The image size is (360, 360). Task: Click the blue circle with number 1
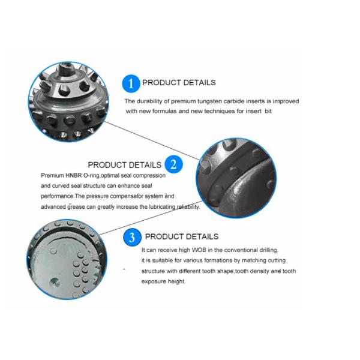point(131,83)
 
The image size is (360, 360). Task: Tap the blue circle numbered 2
point(173,164)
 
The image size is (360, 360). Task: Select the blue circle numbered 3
point(132,237)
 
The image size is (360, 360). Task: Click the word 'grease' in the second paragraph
point(76,207)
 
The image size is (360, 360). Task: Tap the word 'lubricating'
point(162,207)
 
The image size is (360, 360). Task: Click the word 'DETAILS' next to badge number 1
point(200,83)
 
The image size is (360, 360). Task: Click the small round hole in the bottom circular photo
point(55,281)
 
